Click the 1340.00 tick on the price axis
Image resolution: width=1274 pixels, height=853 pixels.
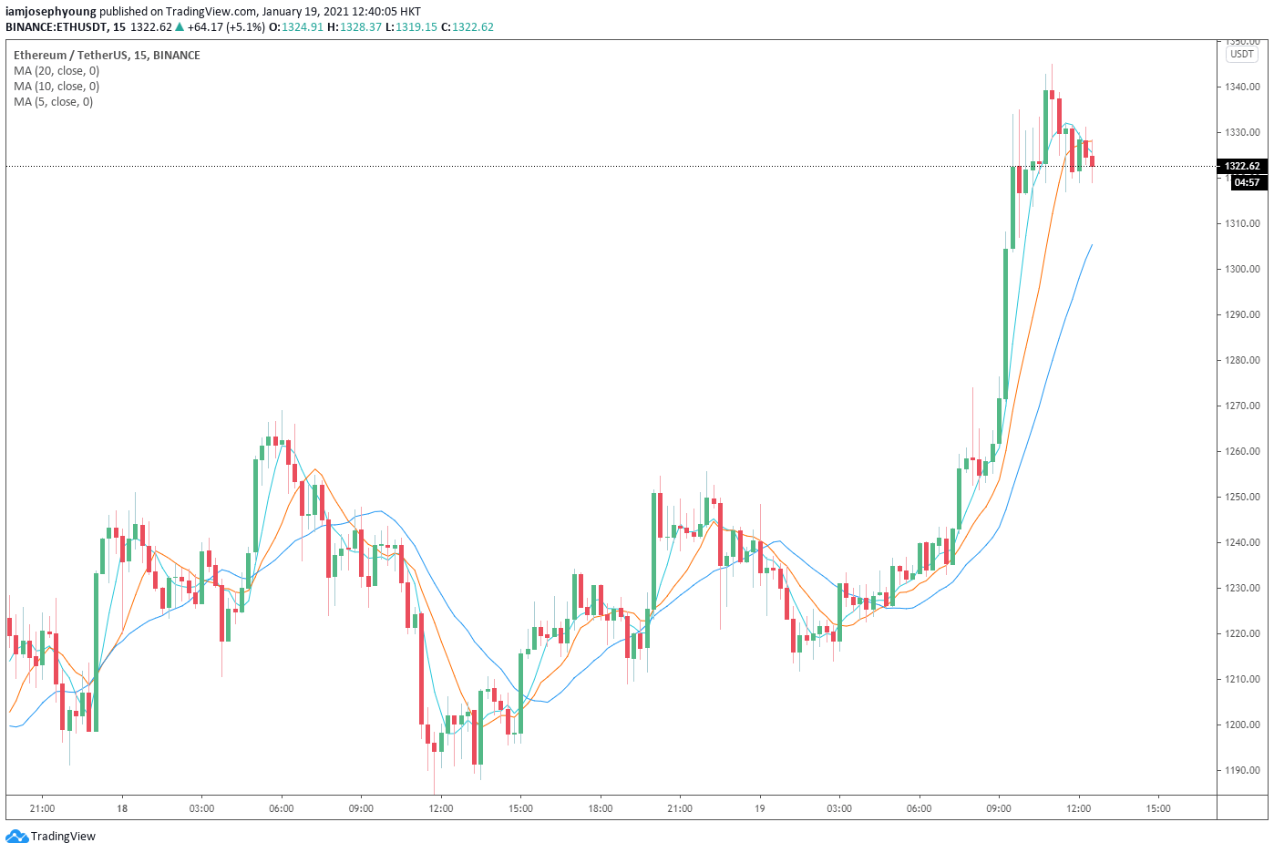1242,87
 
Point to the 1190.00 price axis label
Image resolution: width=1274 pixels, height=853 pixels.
1242,770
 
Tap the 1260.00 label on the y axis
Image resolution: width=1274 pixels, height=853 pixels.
1242,451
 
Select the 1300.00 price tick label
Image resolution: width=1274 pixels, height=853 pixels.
1242,269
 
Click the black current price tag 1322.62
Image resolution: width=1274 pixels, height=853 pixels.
1242,166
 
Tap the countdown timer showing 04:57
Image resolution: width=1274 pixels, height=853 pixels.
1247,182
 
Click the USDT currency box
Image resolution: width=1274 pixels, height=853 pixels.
1242,54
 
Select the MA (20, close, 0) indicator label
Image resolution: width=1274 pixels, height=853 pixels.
57,71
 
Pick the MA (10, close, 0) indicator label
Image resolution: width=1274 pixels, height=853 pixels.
57,87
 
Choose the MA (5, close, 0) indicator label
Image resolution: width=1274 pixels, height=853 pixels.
53,102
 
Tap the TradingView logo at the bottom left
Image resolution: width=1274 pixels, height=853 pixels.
51,837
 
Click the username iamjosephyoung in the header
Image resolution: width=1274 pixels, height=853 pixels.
51,12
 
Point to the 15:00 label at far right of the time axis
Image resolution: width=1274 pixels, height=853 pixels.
1157,808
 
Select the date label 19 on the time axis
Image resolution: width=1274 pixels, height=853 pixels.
759,808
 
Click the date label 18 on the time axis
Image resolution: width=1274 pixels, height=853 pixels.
121,808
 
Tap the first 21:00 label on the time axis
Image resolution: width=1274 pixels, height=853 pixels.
42,808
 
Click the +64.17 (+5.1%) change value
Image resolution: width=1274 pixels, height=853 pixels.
226,27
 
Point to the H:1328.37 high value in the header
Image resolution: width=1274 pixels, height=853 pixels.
354,27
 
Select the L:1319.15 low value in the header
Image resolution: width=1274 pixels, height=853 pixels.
411,27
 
